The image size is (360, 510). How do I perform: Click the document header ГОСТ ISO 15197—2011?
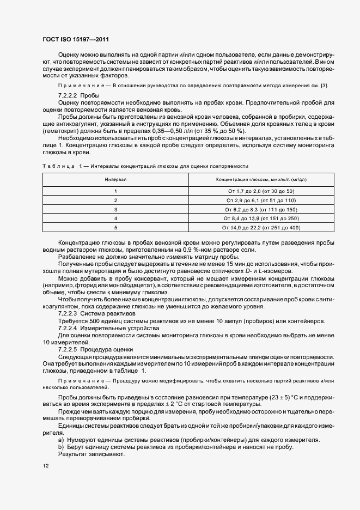78,39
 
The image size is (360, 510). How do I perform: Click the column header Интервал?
115,179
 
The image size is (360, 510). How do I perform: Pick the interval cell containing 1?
115,191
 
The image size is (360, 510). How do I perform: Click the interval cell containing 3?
115,209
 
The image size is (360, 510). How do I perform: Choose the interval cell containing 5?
115,227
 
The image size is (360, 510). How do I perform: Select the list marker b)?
61,447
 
